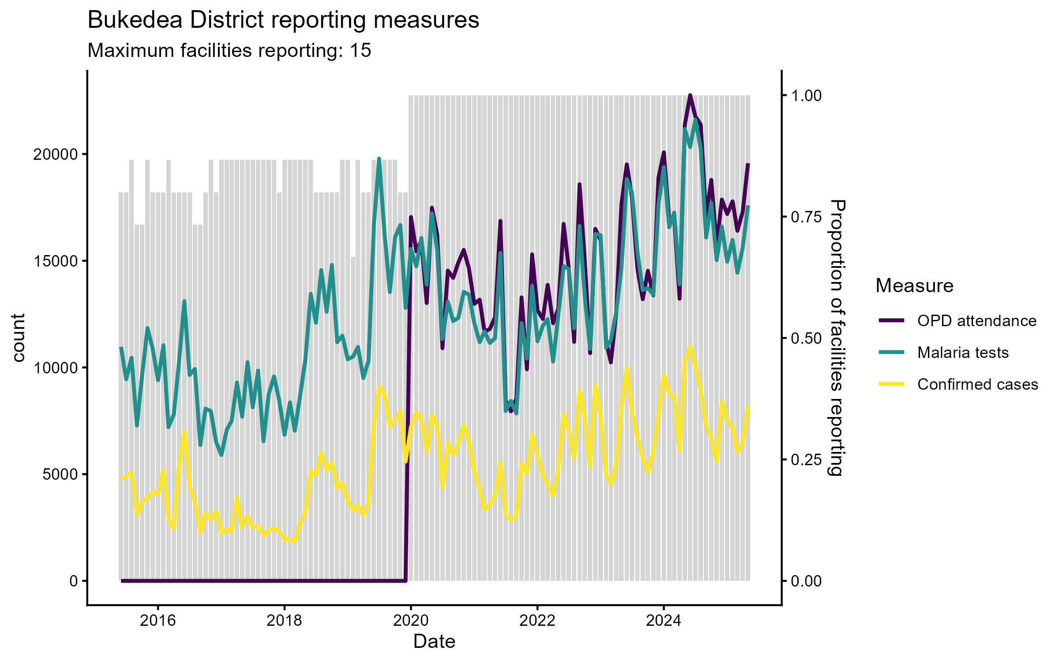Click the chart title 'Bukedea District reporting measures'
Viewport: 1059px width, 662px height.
[283, 20]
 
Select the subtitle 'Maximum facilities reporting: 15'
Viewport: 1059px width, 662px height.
[229, 51]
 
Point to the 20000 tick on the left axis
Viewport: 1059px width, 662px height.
[56, 154]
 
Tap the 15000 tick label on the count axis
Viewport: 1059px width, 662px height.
[56, 261]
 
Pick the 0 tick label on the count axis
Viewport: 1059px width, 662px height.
[74, 581]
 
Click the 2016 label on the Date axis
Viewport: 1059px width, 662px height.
[158, 621]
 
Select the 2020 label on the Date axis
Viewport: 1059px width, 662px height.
[411, 621]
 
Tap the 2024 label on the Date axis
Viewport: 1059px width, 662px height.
[664, 621]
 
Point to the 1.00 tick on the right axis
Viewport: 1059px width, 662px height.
[806, 96]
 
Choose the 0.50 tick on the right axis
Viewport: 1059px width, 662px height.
[806, 339]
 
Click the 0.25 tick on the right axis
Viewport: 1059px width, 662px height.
[806, 460]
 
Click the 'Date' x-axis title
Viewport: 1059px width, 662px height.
[434, 642]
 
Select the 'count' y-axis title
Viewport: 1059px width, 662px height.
[19, 338]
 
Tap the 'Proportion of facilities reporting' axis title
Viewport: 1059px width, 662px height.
[837, 338]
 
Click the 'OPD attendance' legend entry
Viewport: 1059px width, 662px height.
[976, 321]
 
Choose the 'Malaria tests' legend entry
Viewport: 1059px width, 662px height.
[963, 353]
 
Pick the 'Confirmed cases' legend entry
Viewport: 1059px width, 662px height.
[977, 384]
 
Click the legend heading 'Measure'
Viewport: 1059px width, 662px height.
[914, 286]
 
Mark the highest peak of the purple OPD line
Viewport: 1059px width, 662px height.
[690, 95]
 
